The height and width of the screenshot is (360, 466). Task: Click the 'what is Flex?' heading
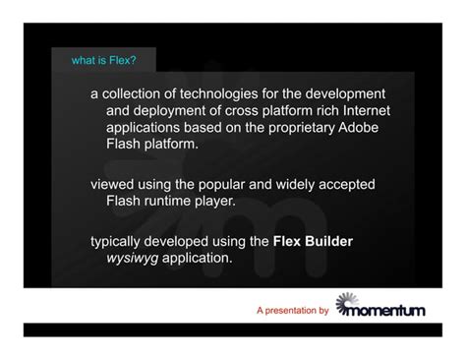[x=104, y=61]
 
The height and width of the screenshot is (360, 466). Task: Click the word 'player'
[x=218, y=201]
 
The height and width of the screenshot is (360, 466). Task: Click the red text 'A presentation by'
[x=292, y=311]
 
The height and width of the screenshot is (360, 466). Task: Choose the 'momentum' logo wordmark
[x=388, y=312]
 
